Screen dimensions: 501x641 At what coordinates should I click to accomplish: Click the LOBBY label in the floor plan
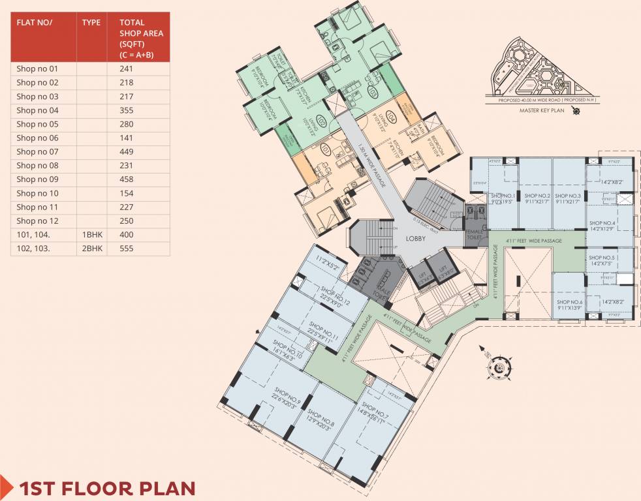click(x=416, y=239)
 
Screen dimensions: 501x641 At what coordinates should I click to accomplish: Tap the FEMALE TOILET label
click(x=475, y=235)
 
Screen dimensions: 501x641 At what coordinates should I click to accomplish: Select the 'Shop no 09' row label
click(x=37, y=179)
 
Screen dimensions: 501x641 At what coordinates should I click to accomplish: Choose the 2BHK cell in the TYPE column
click(x=91, y=249)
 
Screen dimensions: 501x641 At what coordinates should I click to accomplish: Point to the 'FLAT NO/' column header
click(x=34, y=22)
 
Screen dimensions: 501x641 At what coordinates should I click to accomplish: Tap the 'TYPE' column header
click(x=91, y=22)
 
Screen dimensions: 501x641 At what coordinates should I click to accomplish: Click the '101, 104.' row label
click(x=32, y=234)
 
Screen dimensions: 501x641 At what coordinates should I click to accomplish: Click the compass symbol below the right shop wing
click(x=498, y=369)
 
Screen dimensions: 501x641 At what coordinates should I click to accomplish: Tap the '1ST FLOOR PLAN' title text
click(x=107, y=488)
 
